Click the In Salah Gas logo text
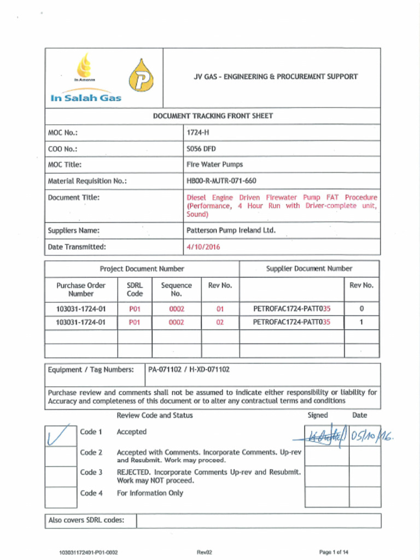86,98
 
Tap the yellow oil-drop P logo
141,76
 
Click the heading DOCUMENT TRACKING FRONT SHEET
213,116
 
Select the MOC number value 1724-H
198,132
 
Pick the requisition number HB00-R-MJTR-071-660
221,181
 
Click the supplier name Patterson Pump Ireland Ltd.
231,231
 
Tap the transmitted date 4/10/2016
203,247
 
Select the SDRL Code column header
135,289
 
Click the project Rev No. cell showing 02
220,323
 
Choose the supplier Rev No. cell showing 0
361,309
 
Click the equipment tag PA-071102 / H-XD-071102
189,370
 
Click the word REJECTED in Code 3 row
134,472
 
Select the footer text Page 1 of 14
334,552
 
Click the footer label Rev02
204,552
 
